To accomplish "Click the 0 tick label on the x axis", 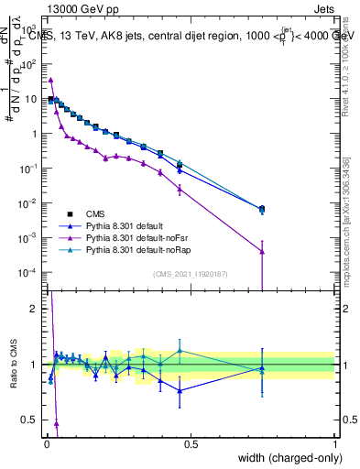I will pyautogui.click(x=46, y=444).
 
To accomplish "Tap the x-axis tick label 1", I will pyautogui.click(x=335, y=444).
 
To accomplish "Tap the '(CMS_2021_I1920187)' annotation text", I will pyautogui.click(x=190, y=274).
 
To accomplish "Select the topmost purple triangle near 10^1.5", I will pyautogui.click(x=50, y=80).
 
